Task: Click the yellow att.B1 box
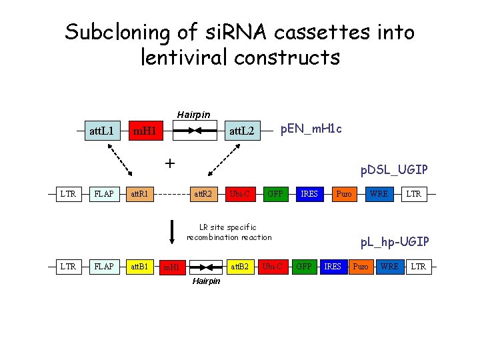tap(139, 267)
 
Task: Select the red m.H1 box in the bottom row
tap(172, 267)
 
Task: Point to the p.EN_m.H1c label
tap(311, 128)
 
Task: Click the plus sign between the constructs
tap(170, 163)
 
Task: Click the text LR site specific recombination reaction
tap(229, 232)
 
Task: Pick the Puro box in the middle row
tap(344, 194)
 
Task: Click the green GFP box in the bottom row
tap(303, 267)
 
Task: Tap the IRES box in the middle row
tap(309, 194)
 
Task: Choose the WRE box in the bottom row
tap(389, 267)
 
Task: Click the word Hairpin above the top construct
tap(193, 115)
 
